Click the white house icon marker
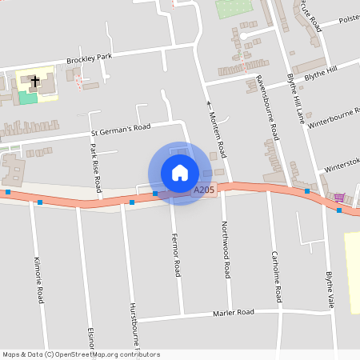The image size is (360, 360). coord(180,173)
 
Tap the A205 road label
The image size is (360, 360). coord(203,190)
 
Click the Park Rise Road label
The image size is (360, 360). coord(96,167)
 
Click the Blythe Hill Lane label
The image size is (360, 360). coord(295,101)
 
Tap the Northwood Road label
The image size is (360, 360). coord(226,249)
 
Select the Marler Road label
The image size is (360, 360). coord(233,312)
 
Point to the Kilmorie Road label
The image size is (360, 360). coord(38,280)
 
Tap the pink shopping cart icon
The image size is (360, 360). coord(339,197)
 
